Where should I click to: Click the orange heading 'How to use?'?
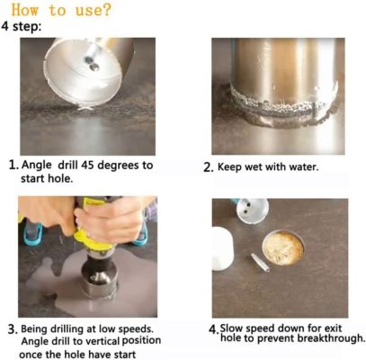[61, 10]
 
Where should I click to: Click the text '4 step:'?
[21, 26]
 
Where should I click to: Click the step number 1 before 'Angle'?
[13, 165]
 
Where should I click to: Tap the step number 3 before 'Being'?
[13, 329]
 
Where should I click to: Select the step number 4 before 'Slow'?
[213, 330]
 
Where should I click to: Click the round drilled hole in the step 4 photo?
[283, 247]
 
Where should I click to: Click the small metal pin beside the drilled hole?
[260, 263]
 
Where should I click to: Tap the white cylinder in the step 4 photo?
[222, 247]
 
